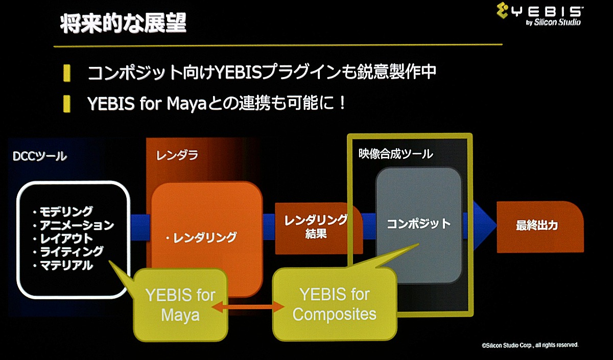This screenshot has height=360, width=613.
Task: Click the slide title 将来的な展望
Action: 123,23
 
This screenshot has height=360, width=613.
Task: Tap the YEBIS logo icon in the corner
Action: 503,10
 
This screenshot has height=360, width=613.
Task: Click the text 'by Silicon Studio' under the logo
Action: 553,22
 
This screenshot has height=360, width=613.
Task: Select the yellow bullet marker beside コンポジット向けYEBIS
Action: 66,73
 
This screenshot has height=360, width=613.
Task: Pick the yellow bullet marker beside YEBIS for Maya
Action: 66,104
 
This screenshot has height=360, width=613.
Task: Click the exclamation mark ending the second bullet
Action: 342,103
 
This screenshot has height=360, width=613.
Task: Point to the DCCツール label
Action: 40,156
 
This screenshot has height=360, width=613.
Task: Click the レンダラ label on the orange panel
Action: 177,155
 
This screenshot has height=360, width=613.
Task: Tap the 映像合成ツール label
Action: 396,154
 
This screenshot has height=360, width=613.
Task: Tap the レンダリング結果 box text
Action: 316,227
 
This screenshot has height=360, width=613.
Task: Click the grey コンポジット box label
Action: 419,224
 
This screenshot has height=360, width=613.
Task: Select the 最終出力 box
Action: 540,227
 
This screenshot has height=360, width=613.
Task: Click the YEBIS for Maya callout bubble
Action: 180,305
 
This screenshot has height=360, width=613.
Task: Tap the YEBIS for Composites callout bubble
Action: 335,304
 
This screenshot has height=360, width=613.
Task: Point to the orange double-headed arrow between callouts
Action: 248,306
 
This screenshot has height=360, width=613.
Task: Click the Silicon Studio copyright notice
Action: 530,345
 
